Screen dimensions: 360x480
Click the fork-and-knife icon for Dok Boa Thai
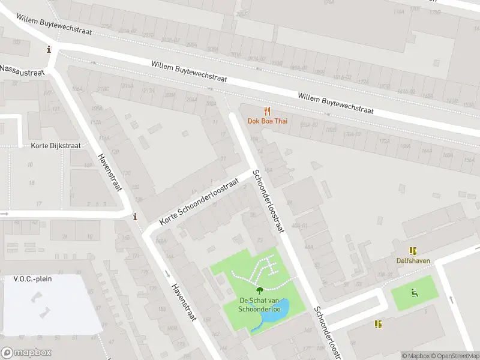pyautogui.click(x=268, y=111)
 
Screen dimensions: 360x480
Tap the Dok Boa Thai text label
pyautogui.click(x=268, y=121)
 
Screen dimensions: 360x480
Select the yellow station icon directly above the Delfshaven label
pyautogui.click(x=413, y=251)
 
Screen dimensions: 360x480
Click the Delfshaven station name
pyautogui.click(x=413, y=260)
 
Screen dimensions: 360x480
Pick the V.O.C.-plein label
pyautogui.click(x=30, y=279)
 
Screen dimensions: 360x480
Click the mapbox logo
pyautogui.click(x=26, y=353)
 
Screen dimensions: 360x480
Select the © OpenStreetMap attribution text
pyautogui.click(x=453, y=356)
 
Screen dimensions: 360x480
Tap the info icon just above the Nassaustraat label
pyautogui.click(x=49, y=50)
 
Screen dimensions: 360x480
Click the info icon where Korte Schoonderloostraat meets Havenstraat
pyautogui.click(x=135, y=217)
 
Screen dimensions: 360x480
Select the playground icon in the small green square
pyautogui.click(x=413, y=293)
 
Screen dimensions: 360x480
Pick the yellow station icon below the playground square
pyautogui.click(x=378, y=324)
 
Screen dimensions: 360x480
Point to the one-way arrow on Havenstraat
pyautogui.click(x=167, y=274)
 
